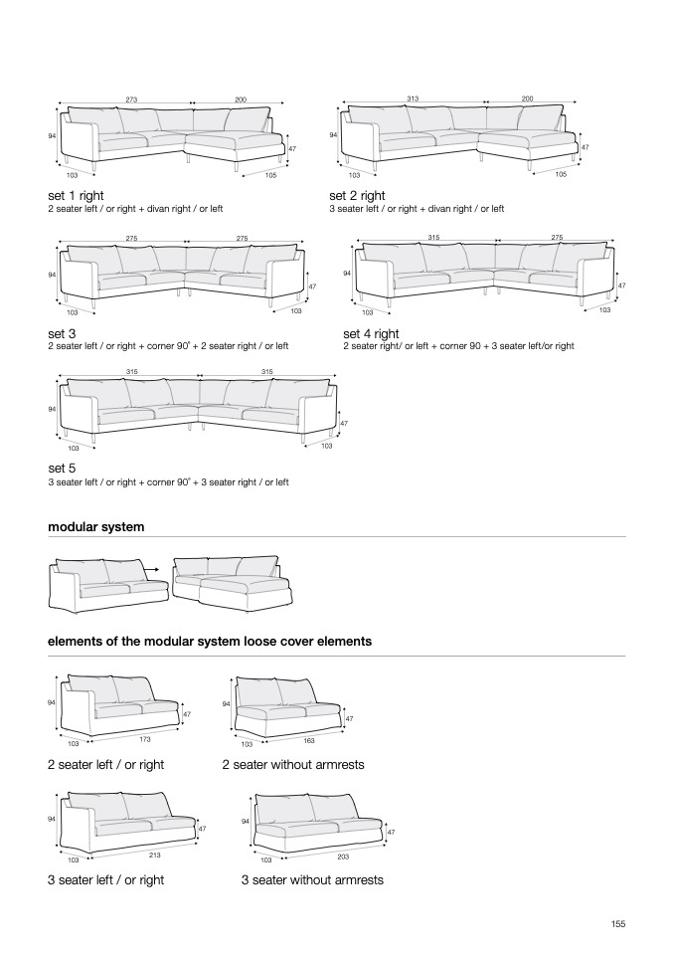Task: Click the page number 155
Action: (617, 924)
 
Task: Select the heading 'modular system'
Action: (96, 526)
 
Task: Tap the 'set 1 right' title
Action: (76, 196)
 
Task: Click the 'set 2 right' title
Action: (357, 196)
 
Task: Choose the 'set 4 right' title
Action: (371, 334)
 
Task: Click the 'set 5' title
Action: (62, 468)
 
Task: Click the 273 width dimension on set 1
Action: (131, 99)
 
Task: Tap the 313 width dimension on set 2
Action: (414, 99)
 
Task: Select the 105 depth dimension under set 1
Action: (270, 175)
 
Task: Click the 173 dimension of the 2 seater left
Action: (144, 739)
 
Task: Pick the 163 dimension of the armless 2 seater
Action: (309, 740)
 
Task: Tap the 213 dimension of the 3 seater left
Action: (155, 855)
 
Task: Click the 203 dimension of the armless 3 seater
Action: (344, 856)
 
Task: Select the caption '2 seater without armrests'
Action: (293, 765)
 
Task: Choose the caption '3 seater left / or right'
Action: (105, 880)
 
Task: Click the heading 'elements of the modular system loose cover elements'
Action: (210, 642)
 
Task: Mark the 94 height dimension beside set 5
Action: (51, 409)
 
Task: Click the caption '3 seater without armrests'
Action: (311, 880)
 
